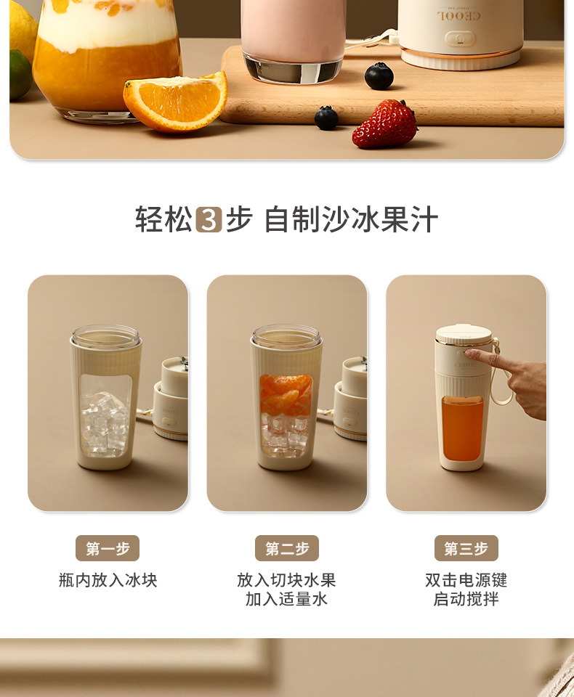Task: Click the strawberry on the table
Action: [384, 124]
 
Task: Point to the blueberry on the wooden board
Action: [379, 76]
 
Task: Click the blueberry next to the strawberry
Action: [326, 118]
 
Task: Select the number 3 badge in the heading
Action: [209, 219]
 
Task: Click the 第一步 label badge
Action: [108, 548]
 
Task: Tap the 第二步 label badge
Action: [287, 548]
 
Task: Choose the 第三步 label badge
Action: [466, 548]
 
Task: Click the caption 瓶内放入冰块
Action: [108, 580]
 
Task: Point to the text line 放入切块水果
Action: [287, 580]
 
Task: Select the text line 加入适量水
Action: [287, 600]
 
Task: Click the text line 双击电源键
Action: [466, 580]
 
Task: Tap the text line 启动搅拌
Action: [466, 600]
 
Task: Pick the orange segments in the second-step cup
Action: [286, 395]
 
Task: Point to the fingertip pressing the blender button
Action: [469, 354]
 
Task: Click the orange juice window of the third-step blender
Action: [461, 428]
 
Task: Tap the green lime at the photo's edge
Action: [19, 75]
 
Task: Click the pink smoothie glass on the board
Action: [292, 36]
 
